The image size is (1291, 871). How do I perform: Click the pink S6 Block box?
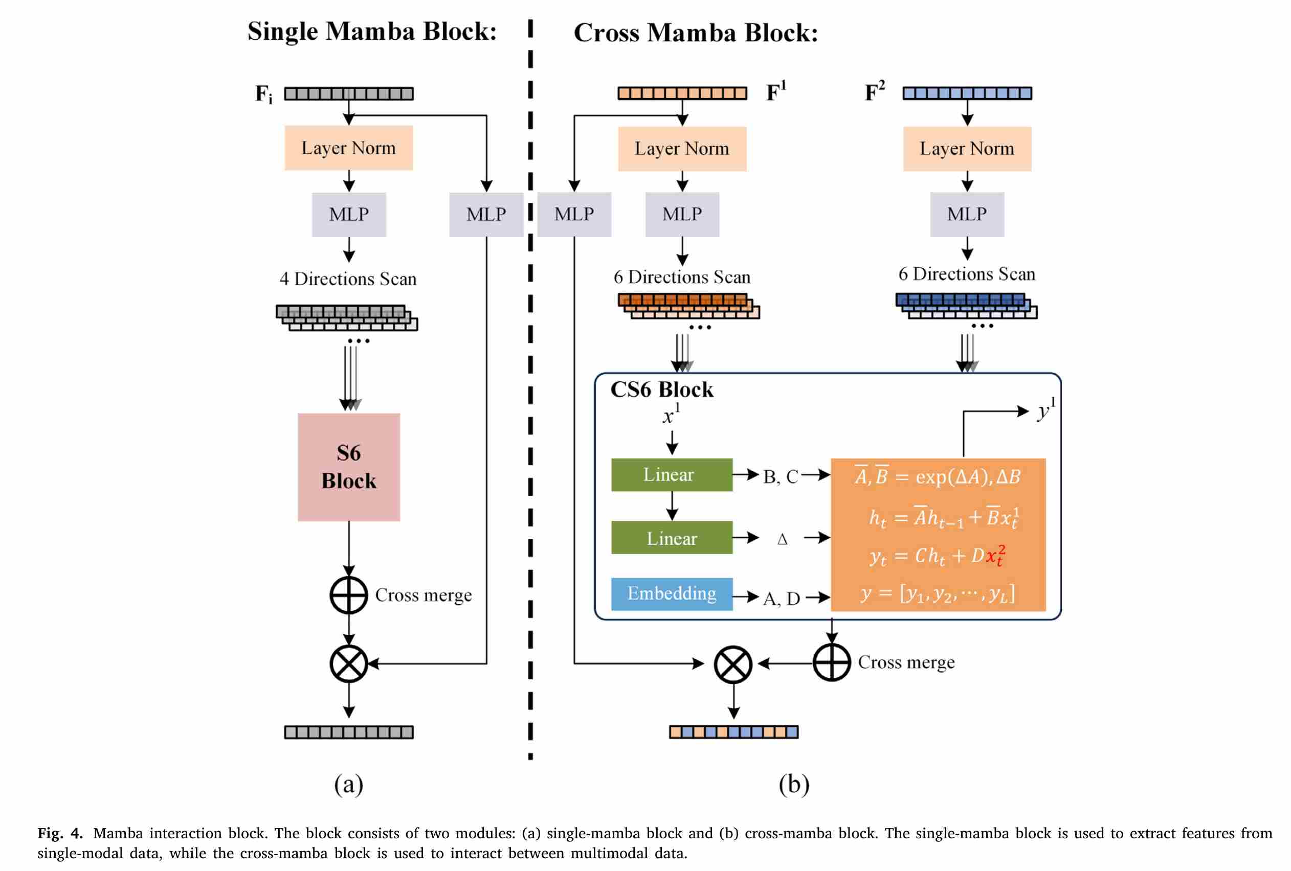coord(348,467)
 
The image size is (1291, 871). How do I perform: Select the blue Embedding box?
coord(672,593)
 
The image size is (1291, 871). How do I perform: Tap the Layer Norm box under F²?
coord(967,148)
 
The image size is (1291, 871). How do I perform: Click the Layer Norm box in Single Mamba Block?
coord(348,148)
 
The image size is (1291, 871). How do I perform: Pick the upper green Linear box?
coord(672,475)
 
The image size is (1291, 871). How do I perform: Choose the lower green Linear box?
coord(672,537)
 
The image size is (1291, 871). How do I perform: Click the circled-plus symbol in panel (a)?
coord(348,594)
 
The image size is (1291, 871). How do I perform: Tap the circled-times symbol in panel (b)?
coord(733,664)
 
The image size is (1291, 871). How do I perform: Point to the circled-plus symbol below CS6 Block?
coord(831,662)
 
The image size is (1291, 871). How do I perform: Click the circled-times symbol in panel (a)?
coord(348,663)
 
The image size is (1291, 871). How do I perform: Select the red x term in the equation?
coord(995,555)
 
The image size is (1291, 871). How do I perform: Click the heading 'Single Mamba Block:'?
coord(372,31)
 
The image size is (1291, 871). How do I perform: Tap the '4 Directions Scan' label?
coord(348,279)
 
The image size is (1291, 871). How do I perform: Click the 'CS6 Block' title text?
coord(661,389)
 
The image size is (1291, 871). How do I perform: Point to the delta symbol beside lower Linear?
coord(782,539)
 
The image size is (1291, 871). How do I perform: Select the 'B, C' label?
coord(781,476)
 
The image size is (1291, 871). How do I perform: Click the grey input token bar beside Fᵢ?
coord(348,93)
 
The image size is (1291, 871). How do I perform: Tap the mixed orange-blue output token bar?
coord(733,731)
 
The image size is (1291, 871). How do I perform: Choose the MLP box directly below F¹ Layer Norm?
coord(682,214)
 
